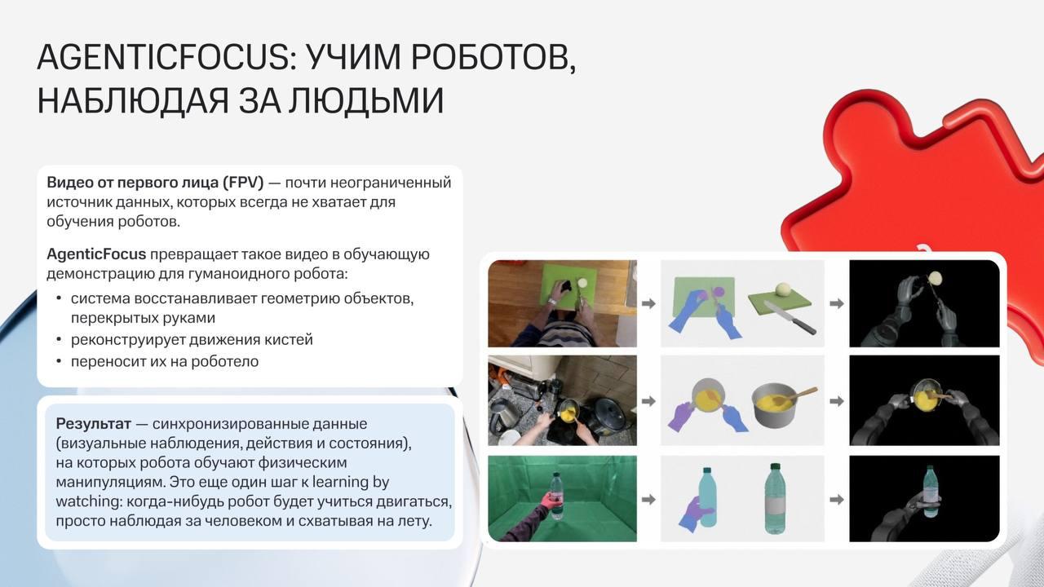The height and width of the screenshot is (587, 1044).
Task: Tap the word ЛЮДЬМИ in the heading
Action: click(365, 101)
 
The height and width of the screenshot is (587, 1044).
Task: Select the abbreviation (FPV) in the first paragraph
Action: click(243, 183)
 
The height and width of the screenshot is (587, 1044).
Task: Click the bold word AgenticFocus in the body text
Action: click(96, 254)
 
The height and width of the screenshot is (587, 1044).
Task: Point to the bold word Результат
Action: click(93, 425)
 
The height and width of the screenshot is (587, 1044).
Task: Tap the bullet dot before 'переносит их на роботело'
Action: click(59, 361)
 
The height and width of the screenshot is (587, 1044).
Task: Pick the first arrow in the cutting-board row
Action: click(648, 304)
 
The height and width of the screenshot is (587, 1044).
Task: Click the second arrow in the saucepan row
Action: click(837, 401)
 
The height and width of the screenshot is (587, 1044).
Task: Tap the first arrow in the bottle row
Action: click(648, 500)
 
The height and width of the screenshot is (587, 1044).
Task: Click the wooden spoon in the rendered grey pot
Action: click(801, 395)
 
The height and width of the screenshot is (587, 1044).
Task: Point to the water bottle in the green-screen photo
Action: click(557, 496)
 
